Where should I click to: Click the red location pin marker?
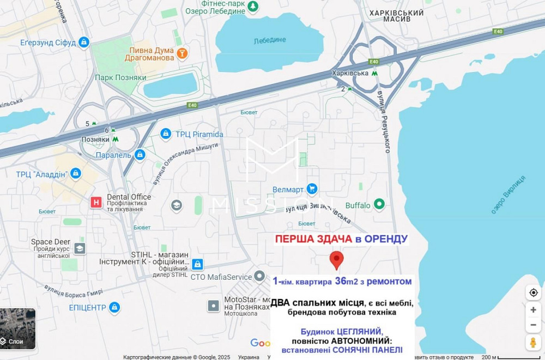point(337,260)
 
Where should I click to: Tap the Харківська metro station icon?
point(374,73)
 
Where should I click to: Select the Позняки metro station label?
point(95,140)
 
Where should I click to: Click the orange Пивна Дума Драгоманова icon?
point(182,53)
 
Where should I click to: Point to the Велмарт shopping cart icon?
point(312,189)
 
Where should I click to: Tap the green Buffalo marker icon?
point(379,205)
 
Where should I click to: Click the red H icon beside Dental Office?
point(96,202)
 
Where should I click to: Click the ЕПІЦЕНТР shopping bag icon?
point(114,308)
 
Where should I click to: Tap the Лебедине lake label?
point(269,40)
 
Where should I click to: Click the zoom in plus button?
point(533,310)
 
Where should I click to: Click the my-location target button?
point(533,293)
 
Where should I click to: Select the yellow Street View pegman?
point(533,343)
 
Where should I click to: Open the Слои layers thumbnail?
point(17,329)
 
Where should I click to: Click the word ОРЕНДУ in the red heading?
point(385,239)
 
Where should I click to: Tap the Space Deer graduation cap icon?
point(80,249)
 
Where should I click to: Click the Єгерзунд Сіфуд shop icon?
point(83,42)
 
